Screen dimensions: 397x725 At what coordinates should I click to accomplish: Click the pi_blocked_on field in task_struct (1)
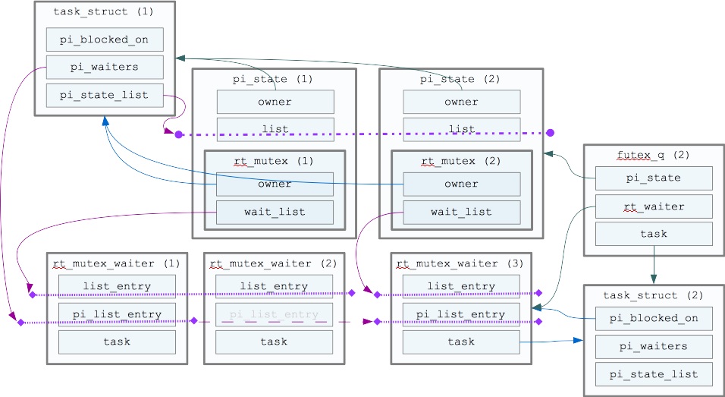[105, 39]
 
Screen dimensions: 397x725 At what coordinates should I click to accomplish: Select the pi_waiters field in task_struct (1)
[105, 67]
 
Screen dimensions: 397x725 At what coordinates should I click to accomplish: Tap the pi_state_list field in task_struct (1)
[105, 95]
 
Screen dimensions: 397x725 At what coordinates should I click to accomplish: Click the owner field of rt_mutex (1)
[275, 184]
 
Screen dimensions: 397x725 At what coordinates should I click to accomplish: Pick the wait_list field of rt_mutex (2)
[461, 212]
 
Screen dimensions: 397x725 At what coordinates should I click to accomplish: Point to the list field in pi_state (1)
[275, 129]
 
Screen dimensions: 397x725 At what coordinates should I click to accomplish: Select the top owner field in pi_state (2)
[461, 102]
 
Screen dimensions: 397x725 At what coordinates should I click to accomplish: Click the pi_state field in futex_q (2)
[654, 178]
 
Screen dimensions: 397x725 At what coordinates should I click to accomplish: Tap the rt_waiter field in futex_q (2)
[654, 206]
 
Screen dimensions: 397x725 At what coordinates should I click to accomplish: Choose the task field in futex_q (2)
[654, 234]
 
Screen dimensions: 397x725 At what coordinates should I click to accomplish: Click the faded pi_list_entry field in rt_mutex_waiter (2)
[274, 314]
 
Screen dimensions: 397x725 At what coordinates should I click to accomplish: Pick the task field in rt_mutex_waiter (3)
[461, 342]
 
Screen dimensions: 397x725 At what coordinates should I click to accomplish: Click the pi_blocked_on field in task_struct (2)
[654, 319]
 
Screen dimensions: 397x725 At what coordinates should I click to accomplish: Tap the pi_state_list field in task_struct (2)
[654, 373]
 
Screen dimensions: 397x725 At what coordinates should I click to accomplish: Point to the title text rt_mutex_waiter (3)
[460, 263]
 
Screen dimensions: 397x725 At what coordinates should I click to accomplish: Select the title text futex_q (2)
[653, 155]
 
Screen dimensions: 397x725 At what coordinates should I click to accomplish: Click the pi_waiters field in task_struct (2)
[654, 346]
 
